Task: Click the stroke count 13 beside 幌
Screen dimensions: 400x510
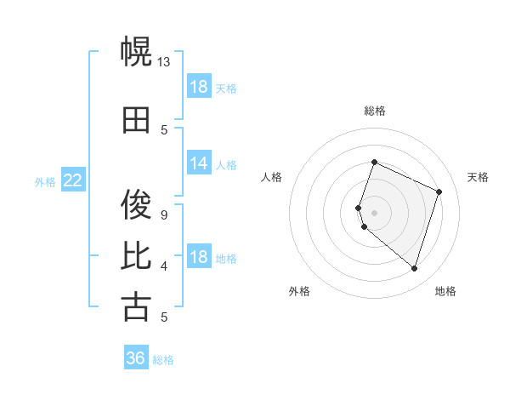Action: [x=164, y=62]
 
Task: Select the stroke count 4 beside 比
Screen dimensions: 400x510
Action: [x=165, y=266]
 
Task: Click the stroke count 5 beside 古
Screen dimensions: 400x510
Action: [x=165, y=317]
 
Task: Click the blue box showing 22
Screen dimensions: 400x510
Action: [x=73, y=180]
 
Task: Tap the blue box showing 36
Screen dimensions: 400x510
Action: [x=136, y=358]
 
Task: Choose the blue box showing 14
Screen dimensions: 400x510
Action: [x=199, y=163]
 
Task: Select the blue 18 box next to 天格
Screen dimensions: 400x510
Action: [x=199, y=87]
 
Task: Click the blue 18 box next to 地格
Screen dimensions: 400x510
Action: [x=199, y=258]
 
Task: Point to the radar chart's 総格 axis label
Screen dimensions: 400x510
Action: [x=375, y=111]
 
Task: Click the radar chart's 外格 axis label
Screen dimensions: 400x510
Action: [x=299, y=291]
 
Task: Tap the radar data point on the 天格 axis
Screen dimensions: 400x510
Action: [x=439, y=191]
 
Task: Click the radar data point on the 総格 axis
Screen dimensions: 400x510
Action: [x=374, y=163]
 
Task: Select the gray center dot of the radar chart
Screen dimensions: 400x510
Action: [x=374, y=212]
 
